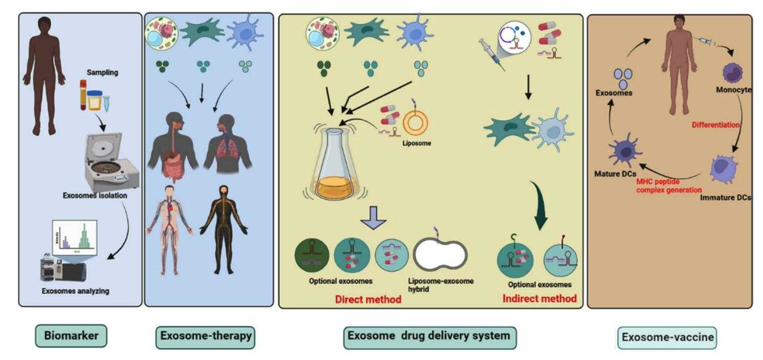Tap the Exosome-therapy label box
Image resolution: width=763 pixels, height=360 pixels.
pyautogui.click(x=205, y=336)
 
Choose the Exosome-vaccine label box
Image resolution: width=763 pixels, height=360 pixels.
pyautogui.click(x=667, y=337)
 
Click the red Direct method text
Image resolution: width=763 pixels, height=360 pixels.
pyautogui.click(x=368, y=299)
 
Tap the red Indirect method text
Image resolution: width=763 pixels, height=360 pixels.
pyautogui.click(x=539, y=298)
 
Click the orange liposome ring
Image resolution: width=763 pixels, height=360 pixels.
pyautogui.click(x=416, y=123)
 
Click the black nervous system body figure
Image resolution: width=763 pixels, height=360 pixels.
pyautogui.click(x=224, y=229)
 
